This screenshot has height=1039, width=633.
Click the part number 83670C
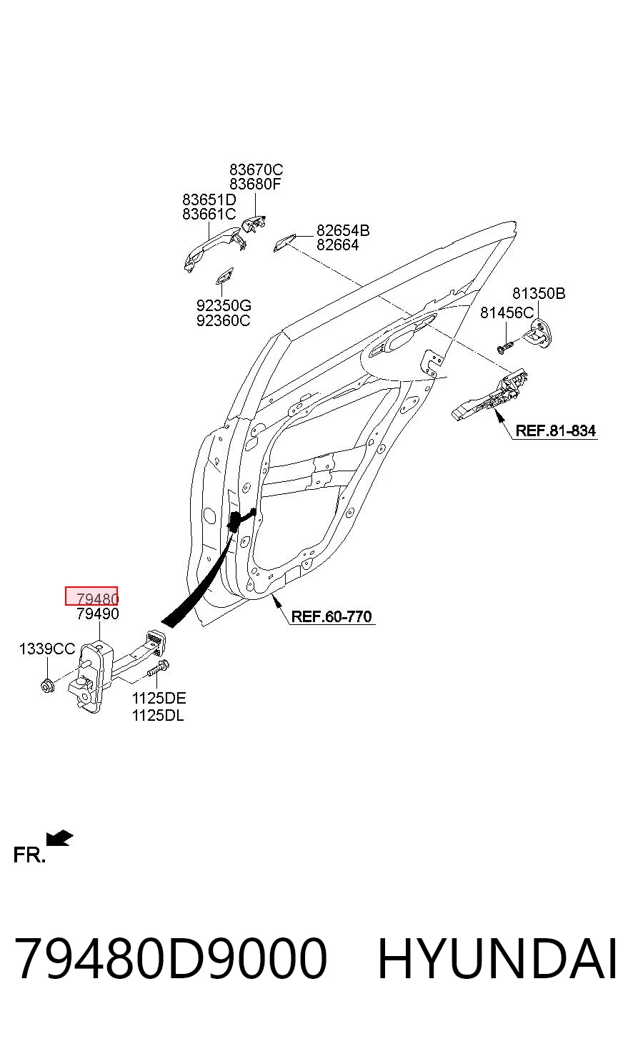256,169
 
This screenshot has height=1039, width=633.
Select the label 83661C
209,215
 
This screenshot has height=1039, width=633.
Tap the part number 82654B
343,230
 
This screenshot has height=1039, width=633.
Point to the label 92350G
224,305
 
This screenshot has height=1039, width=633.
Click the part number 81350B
539,294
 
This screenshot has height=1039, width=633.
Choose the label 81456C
507,313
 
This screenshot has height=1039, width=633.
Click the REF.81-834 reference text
556,431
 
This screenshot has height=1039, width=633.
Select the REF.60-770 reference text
332,616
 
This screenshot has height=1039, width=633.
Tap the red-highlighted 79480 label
91,596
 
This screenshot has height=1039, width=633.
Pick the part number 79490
98,614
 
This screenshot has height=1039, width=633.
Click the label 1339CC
47,649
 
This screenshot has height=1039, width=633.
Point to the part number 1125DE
159,698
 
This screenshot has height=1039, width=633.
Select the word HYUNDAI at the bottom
497,958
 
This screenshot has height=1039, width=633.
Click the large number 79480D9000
171,958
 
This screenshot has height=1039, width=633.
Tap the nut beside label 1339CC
47,685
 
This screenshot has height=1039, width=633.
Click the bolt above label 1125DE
158,669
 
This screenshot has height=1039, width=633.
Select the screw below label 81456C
506,347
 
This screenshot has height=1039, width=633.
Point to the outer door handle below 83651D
212,247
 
